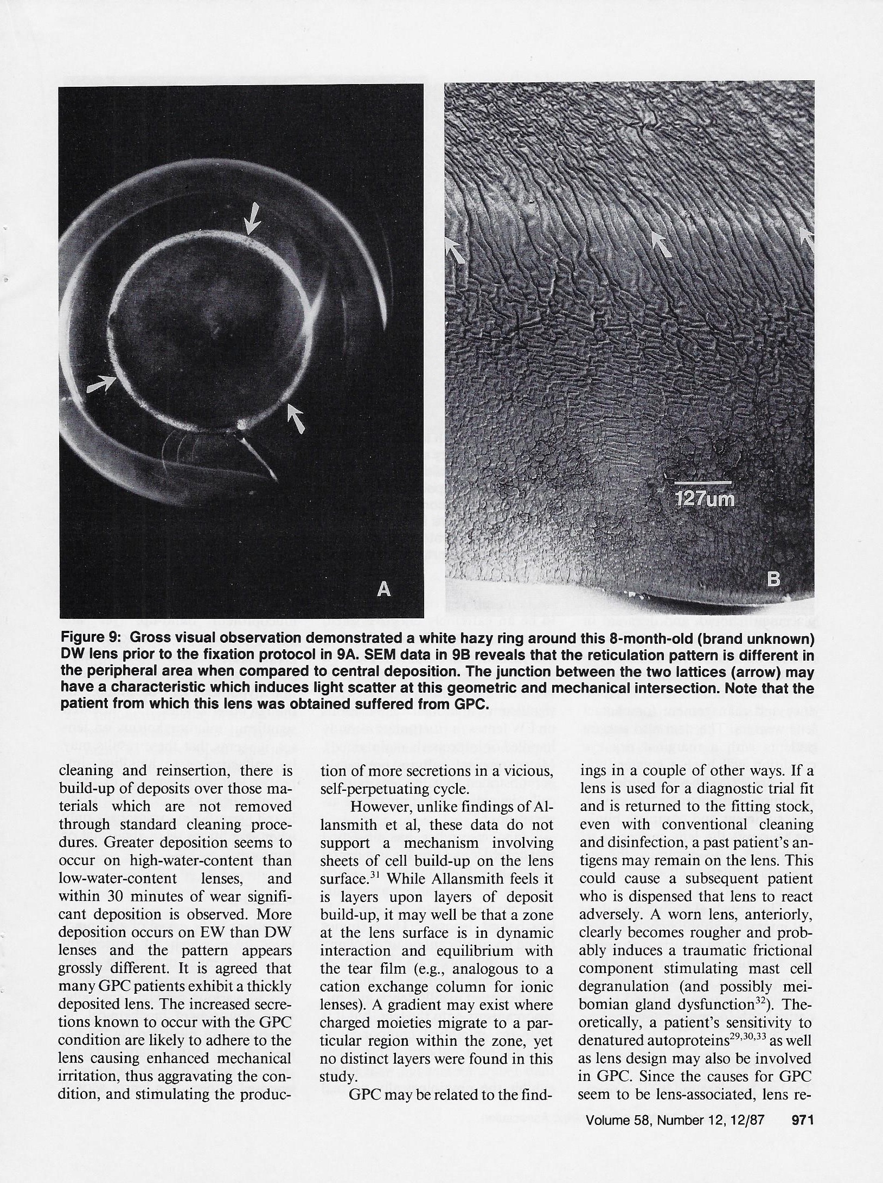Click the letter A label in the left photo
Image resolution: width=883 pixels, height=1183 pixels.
(x=383, y=589)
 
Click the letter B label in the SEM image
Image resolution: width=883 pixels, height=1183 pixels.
(x=773, y=580)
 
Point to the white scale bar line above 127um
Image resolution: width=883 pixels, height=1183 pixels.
(x=702, y=482)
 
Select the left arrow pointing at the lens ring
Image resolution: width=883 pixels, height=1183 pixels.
(x=101, y=386)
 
